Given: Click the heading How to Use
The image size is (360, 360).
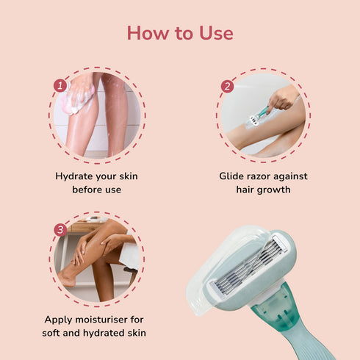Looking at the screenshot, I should [x=180, y=33].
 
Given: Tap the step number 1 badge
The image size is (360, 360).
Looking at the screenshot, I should [x=60, y=86].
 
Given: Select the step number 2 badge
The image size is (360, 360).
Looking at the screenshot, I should [x=227, y=86].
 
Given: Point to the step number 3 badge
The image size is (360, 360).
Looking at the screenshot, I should [x=60, y=230].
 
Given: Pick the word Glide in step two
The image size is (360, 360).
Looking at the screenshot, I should [x=234, y=176].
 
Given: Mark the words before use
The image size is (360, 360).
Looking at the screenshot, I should [x=96, y=190].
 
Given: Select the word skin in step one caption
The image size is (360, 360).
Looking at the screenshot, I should [x=126, y=176].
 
